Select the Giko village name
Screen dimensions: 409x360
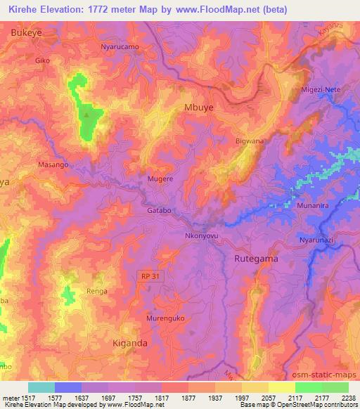click(x=43, y=61)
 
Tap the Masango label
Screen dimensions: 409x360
click(x=53, y=164)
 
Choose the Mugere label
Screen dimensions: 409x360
click(x=160, y=179)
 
